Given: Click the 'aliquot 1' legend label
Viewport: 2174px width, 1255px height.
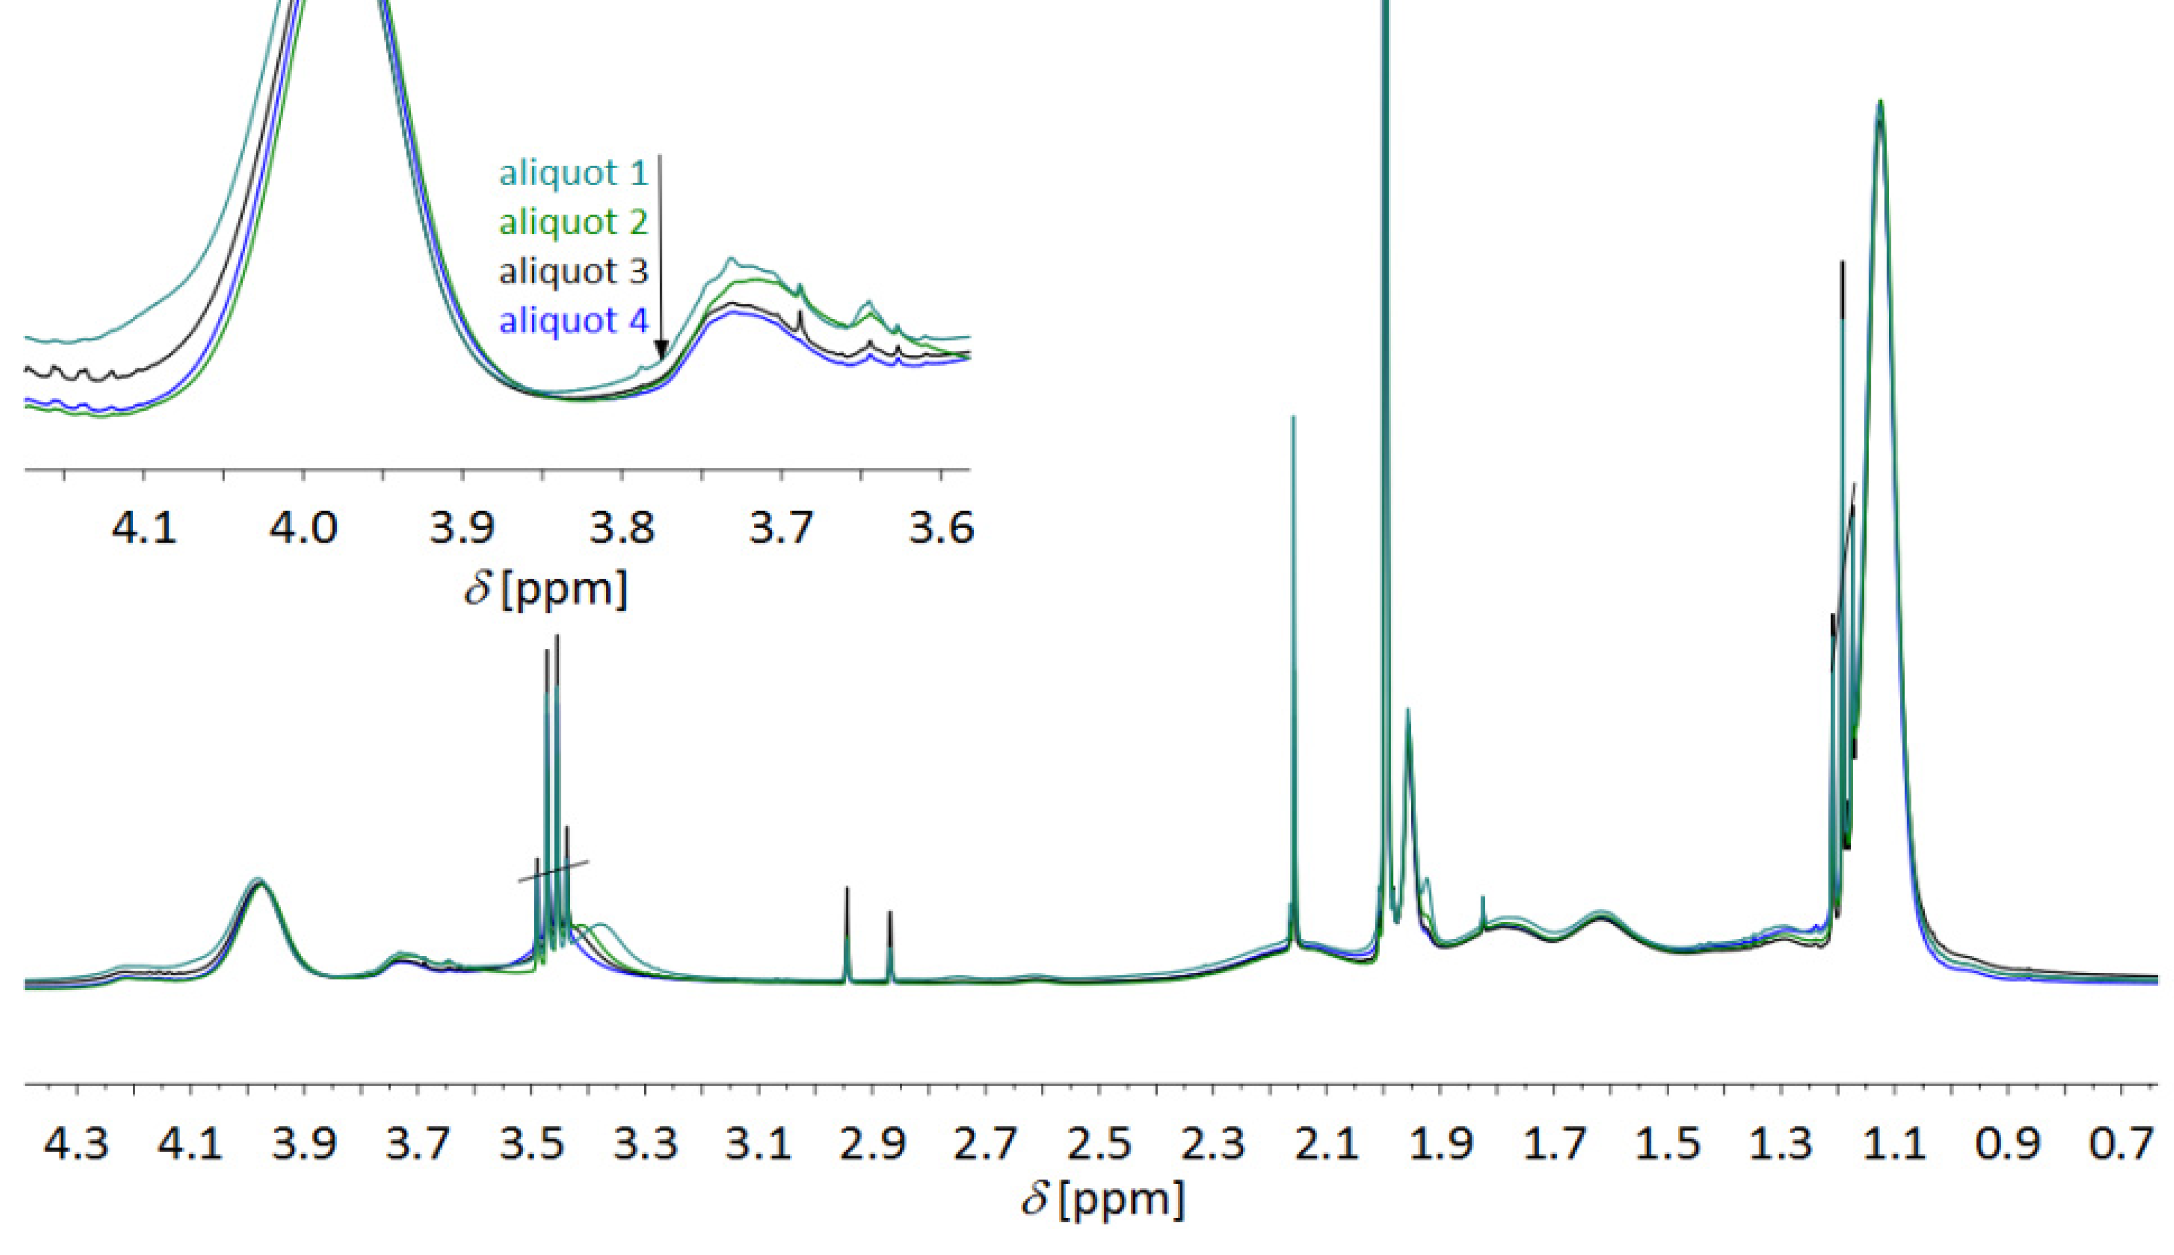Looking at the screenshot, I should (x=573, y=173).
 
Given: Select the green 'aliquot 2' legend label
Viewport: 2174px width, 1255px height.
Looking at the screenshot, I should (x=573, y=222).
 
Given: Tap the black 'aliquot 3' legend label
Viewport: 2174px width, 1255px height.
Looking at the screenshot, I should (x=573, y=271).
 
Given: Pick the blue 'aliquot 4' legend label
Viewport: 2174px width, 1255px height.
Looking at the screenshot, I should (x=573, y=321).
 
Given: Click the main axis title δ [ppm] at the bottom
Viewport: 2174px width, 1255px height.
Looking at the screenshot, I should (x=1103, y=1200).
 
